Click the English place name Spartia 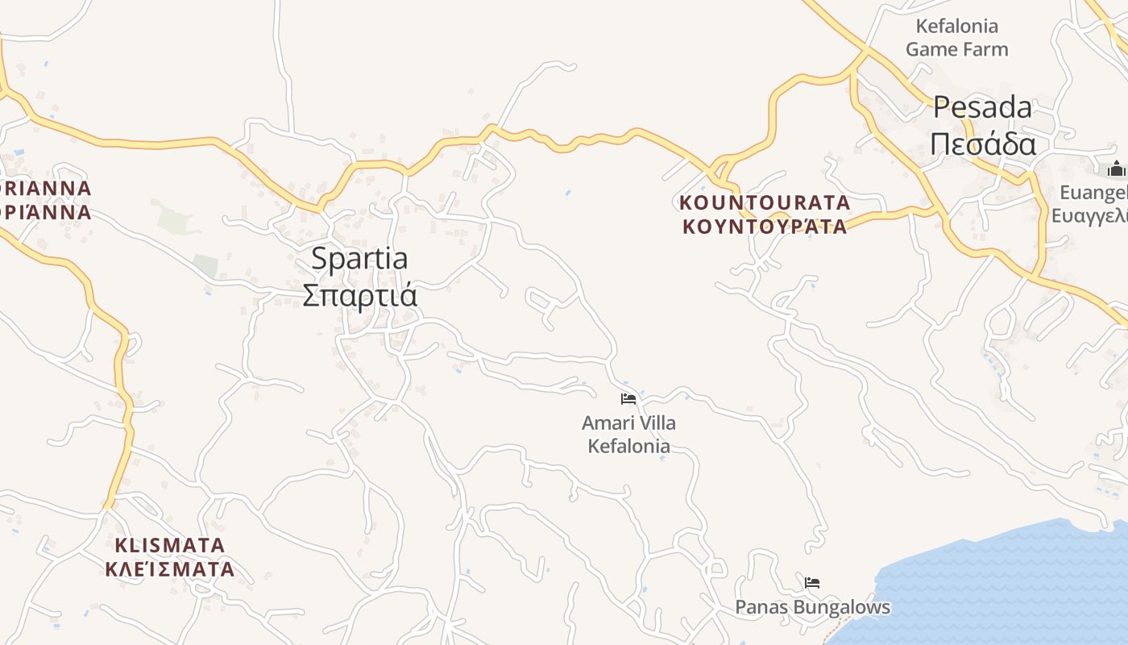click(359, 259)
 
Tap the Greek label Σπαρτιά click(359, 294)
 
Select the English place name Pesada click(982, 107)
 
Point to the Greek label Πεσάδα click(982, 144)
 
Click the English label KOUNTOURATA click(765, 202)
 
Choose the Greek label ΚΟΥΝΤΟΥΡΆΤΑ click(765, 226)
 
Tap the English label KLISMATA click(169, 545)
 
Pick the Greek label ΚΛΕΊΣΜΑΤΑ click(169, 569)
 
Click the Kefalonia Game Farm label click(956, 37)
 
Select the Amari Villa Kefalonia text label click(628, 434)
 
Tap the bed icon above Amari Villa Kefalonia click(628, 398)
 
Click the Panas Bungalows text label click(812, 607)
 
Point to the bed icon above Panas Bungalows click(812, 582)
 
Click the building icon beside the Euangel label click(1116, 169)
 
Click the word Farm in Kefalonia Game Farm click(987, 49)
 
